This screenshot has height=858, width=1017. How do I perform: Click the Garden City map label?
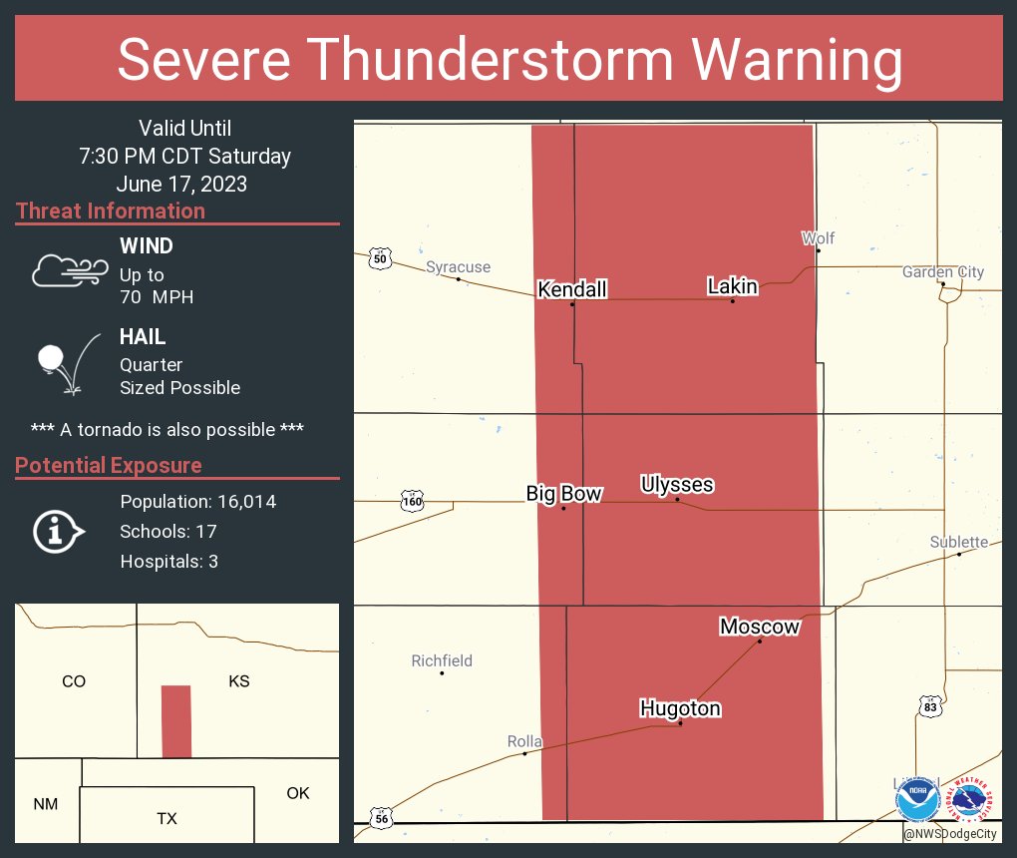942,272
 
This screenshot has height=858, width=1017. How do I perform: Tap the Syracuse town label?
458,266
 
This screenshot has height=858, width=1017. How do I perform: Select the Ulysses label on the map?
677,485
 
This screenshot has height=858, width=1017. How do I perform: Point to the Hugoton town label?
680,708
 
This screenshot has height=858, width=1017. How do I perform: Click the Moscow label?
759,627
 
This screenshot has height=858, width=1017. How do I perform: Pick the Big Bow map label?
563,494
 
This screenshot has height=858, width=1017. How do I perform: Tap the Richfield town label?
442,660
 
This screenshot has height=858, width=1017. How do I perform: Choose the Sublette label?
958,542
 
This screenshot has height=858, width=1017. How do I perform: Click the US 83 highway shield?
930,706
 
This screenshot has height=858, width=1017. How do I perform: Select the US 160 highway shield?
412,501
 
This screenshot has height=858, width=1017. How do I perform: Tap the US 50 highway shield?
379,258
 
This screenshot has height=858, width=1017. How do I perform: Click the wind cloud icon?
69,270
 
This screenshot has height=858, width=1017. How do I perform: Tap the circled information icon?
57,532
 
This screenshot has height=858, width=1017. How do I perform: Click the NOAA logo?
916,800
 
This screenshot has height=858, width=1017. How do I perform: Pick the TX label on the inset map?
167,818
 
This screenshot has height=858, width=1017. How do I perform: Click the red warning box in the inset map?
175,721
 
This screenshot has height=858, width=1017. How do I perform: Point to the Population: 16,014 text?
197,501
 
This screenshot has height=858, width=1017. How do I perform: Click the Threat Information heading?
111,211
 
